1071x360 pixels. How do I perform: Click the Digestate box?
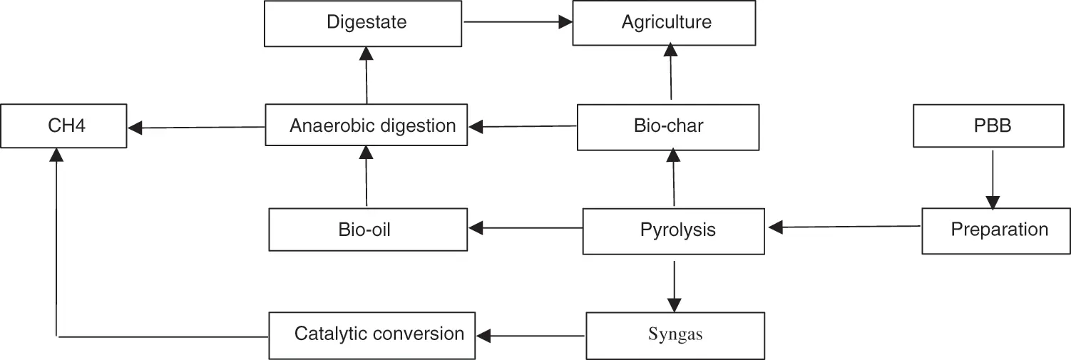(363, 24)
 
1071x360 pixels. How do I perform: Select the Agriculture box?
(664, 23)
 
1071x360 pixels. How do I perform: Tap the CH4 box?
(63, 125)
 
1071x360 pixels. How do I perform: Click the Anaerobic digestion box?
(367, 125)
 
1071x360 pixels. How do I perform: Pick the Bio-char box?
(668, 127)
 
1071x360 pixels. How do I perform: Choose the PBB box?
(989, 125)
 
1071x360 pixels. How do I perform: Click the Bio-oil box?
(368, 230)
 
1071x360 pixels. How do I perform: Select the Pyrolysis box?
(674, 232)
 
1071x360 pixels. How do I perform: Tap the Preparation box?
(996, 231)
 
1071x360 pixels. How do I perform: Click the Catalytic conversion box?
(372, 336)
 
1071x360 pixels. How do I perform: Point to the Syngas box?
(675, 336)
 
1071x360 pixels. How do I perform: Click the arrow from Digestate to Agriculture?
(518, 22)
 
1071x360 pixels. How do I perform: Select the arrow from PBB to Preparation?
(993, 180)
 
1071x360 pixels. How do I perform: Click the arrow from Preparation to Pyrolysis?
(844, 227)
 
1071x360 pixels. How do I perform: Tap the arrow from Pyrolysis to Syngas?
(674, 287)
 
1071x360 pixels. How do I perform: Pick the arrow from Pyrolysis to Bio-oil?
(526, 228)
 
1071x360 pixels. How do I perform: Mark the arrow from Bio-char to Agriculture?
(671, 71)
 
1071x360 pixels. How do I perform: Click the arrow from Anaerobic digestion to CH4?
(197, 128)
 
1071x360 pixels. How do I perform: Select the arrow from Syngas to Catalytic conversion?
(531, 336)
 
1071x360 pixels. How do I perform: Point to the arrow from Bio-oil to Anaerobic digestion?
(367, 176)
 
